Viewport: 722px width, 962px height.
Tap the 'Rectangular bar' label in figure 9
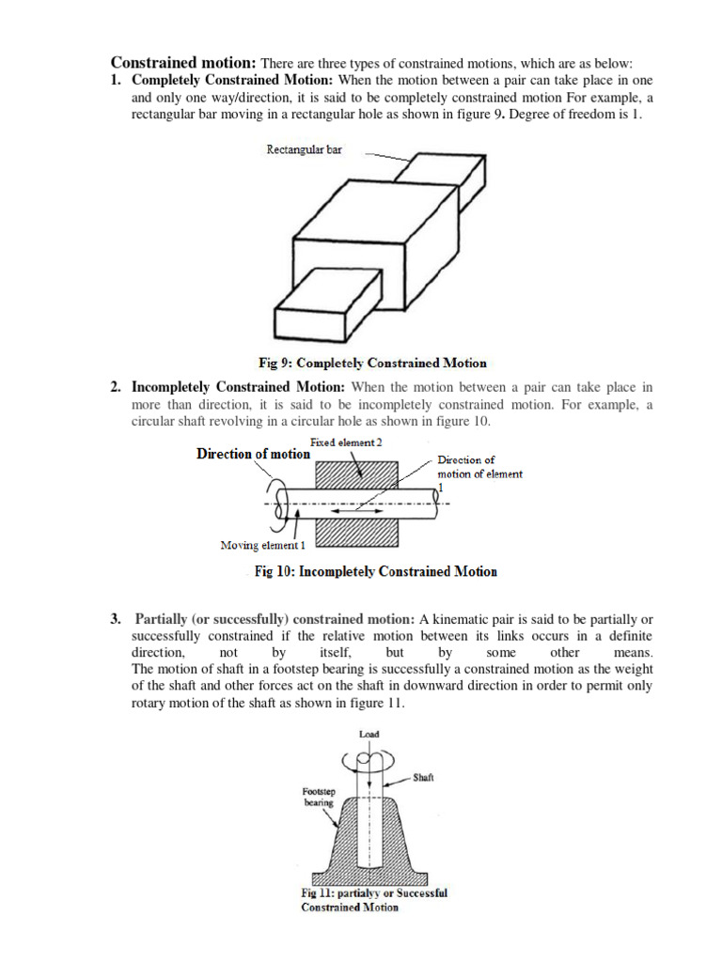coord(304,149)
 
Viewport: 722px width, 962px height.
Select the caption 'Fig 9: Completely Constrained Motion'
coord(373,363)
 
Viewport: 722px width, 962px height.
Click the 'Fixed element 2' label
coord(346,442)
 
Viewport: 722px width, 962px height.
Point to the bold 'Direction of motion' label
coord(253,454)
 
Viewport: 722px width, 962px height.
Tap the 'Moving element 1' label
coord(262,545)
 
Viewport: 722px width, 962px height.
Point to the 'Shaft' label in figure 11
coord(423,778)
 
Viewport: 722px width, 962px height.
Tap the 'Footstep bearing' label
coord(318,798)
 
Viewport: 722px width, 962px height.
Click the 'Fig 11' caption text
coord(374,900)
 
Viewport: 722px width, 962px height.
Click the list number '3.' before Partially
coord(116,619)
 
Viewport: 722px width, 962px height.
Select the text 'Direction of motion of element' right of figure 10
coord(479,467)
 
